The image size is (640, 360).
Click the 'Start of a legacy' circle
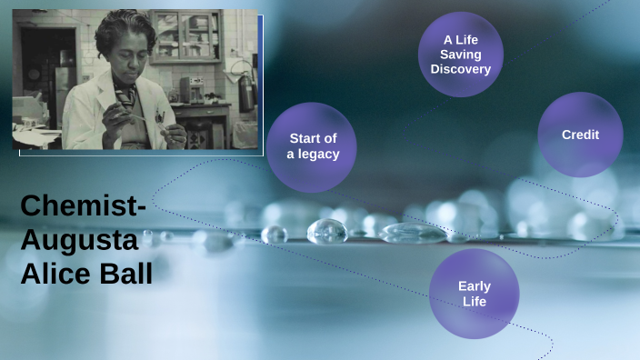[313, 146]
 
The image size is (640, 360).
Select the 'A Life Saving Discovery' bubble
[461, 55]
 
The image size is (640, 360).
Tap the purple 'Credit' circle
[580, 135]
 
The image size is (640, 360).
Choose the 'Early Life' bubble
[474, 293]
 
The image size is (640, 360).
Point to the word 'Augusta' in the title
[80, 241]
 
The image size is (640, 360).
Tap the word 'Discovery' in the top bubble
[461, 69]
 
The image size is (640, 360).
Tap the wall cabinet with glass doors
[185, 35]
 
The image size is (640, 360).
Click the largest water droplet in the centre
[327, 232]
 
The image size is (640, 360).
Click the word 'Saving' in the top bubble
[461, 55]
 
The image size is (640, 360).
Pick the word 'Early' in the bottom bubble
[474, 286]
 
